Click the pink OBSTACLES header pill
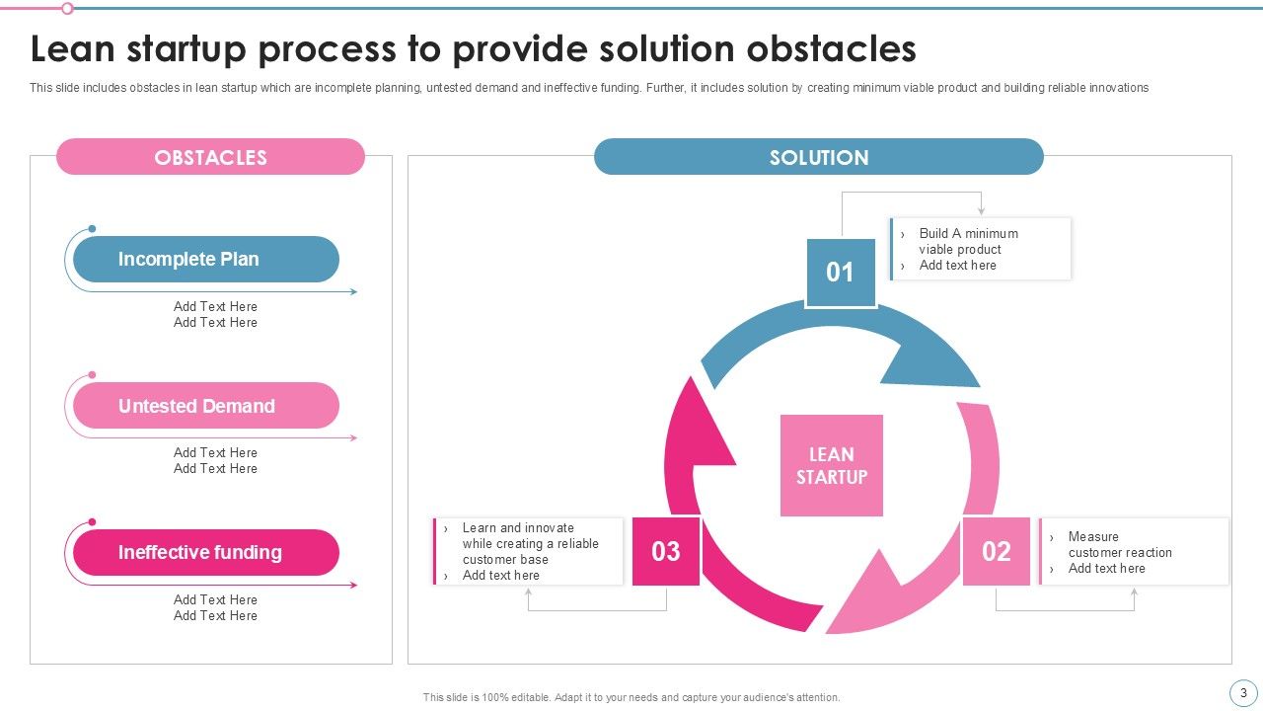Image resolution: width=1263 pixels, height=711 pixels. pos(210,157)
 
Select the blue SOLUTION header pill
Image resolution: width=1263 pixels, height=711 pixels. pos(818,157)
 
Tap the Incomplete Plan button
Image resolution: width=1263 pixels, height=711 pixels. pos(205,260)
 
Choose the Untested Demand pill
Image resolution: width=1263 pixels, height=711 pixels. pos(205,406)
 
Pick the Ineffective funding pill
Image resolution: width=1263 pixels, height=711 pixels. pos(205,553)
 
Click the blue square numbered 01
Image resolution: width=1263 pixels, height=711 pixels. pos(840,273)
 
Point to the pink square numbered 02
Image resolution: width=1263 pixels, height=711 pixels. pos(996,551)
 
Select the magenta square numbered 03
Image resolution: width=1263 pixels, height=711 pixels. pos(666,551)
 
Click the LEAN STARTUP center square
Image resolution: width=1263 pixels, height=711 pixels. pos(832,465)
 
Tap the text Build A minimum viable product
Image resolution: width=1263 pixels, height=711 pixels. pos(967,241)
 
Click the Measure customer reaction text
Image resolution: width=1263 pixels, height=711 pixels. pos(1119,544)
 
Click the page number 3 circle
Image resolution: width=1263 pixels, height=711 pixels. pos(1243,692)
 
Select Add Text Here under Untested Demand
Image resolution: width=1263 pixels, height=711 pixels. pos(215,460)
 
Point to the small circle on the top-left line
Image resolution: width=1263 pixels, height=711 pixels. pos(67,8)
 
